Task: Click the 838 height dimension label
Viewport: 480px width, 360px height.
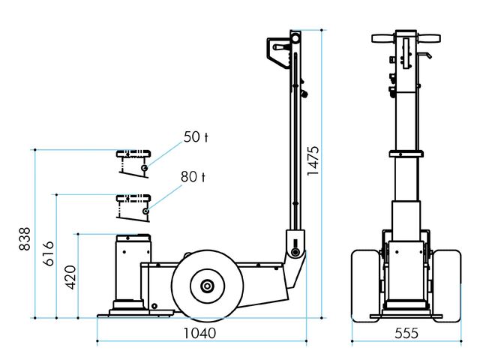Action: pos(25,238)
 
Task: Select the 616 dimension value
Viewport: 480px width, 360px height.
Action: pos(48,253)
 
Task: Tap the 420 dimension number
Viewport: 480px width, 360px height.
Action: pos(70,277)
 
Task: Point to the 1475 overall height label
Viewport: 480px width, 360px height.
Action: pos(313,160)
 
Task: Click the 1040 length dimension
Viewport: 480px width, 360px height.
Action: pos(199,333)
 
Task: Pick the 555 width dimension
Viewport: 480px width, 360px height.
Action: pos(406,333)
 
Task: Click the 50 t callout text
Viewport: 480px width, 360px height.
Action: pos(196,136)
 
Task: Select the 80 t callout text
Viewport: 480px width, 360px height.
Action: pos(193,177)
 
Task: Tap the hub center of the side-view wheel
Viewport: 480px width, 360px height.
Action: pos(207,286)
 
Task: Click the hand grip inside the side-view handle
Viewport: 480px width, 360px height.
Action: pos(282,48)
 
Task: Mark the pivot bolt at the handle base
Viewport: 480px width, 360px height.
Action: pos(295,252)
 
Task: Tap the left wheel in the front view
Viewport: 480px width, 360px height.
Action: pos(366,286)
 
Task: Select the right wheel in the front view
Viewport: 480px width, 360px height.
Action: pos(448,286)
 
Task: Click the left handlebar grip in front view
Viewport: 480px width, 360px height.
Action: pos(383,38)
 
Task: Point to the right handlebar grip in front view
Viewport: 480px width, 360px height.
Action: pos(428,38)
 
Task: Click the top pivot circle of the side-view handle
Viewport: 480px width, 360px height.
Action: pos(295,38)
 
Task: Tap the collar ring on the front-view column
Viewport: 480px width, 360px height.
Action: pos(406,154)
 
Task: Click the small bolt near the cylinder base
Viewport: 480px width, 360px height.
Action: pos(154,306)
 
